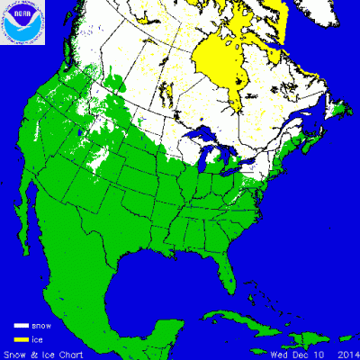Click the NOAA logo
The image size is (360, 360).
(20, 22)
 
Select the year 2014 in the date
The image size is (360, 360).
(346, 353)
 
